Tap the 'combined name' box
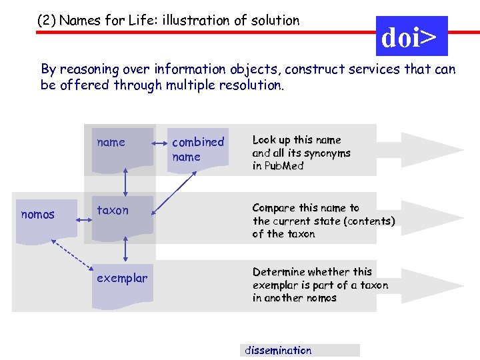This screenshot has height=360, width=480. [197, 149]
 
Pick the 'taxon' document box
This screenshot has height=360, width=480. [122, 215]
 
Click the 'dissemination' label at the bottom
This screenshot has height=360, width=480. [279, 350]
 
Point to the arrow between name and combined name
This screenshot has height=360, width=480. [161, 142]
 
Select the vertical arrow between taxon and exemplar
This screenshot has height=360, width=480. [125, 249]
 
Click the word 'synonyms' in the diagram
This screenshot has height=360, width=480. [327, 153]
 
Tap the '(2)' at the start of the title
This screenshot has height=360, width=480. [47, 21]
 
